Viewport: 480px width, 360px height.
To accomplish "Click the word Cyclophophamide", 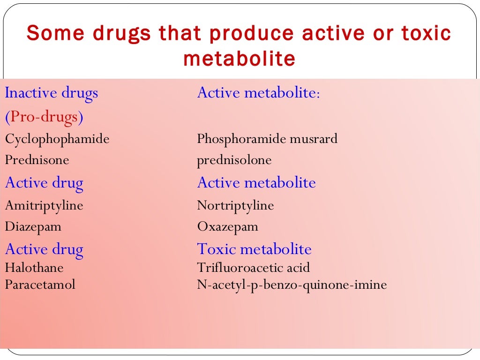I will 57,139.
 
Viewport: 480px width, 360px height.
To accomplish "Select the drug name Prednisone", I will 37,160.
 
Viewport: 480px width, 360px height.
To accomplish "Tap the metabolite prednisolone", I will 234,160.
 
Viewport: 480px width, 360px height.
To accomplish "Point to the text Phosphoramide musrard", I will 267,139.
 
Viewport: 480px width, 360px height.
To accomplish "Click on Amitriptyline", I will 44,205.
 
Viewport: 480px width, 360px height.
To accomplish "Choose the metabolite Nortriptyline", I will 235,205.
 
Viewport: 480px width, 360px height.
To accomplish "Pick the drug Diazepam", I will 33,227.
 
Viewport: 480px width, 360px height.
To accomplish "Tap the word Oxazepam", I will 228,227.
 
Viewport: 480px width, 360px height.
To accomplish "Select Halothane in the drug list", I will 34,268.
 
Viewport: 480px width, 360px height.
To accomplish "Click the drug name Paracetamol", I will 40,284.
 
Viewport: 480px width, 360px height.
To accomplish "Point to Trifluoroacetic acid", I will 254,268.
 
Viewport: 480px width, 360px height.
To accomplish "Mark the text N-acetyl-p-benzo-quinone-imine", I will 292,284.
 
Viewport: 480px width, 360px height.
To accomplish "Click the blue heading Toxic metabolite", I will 255,249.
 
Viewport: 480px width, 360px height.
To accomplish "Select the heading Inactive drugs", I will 52,93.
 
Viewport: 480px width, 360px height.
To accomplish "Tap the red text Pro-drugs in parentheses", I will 44,117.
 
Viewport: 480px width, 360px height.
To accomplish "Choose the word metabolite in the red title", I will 239,59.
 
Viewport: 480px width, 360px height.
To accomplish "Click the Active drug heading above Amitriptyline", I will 44,182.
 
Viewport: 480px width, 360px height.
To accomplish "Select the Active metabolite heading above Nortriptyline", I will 256,182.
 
